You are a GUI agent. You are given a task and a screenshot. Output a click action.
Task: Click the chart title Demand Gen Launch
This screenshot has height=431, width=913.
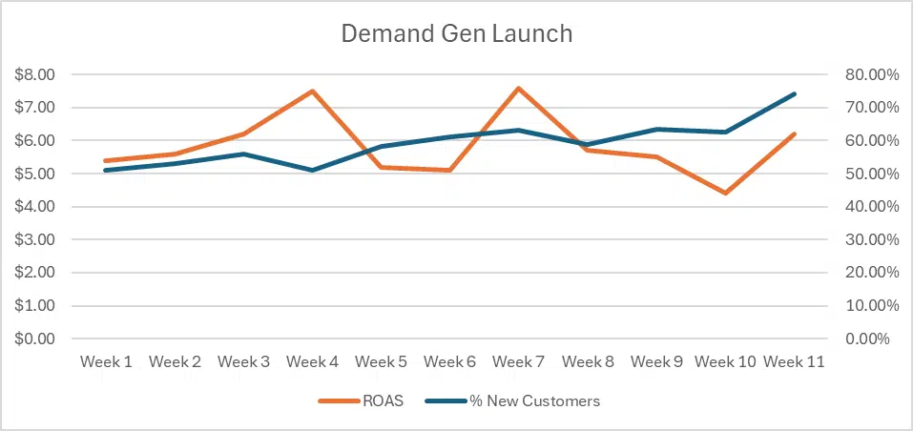(x=457, y=34)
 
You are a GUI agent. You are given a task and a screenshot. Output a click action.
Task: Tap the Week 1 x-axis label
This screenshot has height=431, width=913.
(x=106, y=362)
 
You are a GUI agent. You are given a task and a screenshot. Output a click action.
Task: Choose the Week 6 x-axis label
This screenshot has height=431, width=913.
(x=449, y=362)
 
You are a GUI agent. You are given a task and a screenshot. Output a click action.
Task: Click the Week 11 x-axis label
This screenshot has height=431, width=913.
(x=794, y=362)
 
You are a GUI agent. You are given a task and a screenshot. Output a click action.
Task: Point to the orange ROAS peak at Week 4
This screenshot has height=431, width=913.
(x=312, y=91)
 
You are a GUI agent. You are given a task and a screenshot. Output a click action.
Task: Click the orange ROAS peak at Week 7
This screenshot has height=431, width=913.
(x=518, y=88)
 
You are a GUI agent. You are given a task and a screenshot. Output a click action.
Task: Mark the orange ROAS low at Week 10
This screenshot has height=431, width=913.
(x=725, y=194)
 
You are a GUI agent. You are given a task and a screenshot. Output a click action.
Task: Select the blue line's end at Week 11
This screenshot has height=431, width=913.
(x=794, y=93)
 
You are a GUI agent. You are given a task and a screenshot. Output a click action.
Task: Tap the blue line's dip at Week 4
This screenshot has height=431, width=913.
(x=312, y=170)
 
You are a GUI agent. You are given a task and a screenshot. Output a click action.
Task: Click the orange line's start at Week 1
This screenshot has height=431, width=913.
(x=106, y=160)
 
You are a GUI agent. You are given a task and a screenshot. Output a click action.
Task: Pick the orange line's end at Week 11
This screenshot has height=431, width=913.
(x=794, y=134)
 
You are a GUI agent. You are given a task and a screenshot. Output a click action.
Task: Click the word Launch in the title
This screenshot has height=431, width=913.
(x=530, y=34)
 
